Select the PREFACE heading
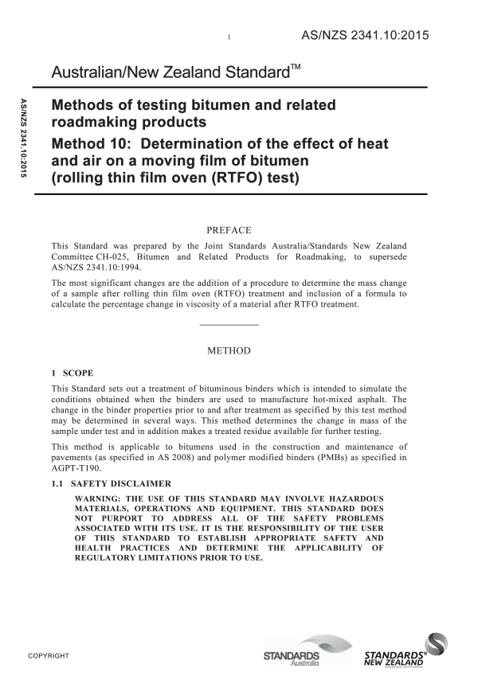pos(229,230)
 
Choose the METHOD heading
pos(229,350)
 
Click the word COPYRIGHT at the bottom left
pos(49,656)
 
